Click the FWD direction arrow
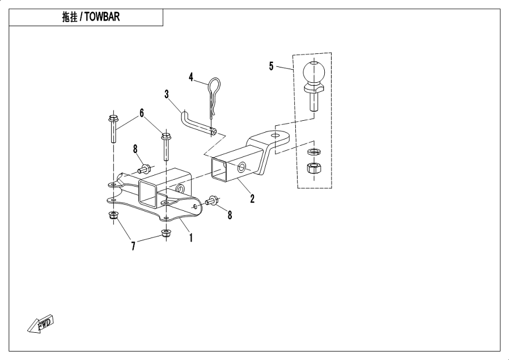(x=39, y=324)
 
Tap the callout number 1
(x=191, y=238)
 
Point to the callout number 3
(x=167, y=94)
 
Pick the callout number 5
(x=271, y=66)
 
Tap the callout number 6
(x=142, y=112)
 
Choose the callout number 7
(x=134, y=245)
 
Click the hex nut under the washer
(x=312, y=168)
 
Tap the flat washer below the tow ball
(x=312, y=152)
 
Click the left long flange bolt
(x=112, y=129)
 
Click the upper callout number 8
(x=135, y=149)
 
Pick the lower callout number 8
(x=230, y=215)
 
